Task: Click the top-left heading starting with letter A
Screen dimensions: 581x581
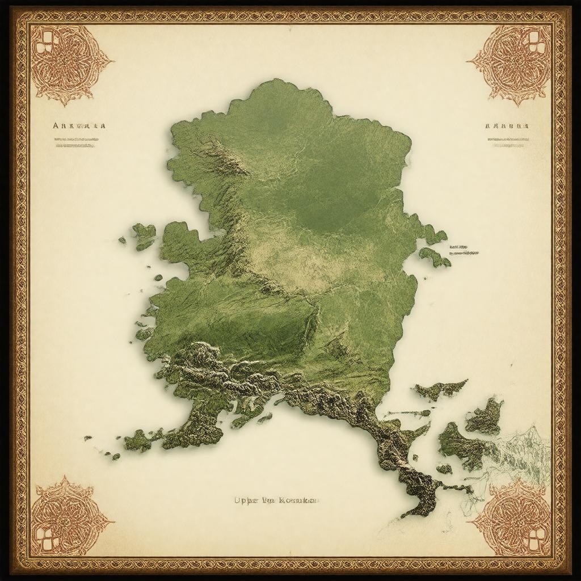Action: click(x=78, y=126)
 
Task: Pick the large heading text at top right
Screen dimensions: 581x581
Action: click(x=507, y=126)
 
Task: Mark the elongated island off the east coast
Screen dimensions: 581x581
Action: click(x=434, y=256)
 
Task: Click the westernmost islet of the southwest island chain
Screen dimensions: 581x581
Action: click(x=88, y=438)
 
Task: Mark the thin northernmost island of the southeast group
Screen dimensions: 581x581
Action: click(x=440, y=389)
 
